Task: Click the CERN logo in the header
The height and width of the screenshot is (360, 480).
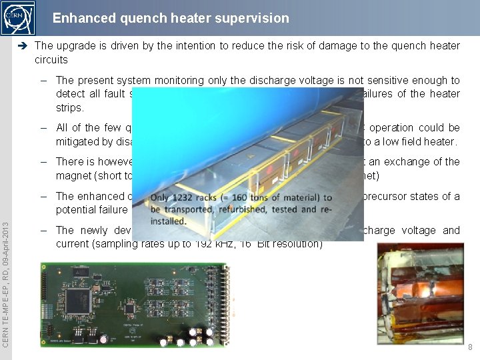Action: [x=18, y=18]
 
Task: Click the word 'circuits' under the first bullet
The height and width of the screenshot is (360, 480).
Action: [x=51, y=59]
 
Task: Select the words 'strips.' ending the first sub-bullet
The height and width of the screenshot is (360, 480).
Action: [x=70, y=107]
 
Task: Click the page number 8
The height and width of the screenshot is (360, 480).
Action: [x=469, y=347]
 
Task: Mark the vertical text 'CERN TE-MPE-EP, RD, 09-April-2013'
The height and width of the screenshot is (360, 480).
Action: [x=6, y=285]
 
